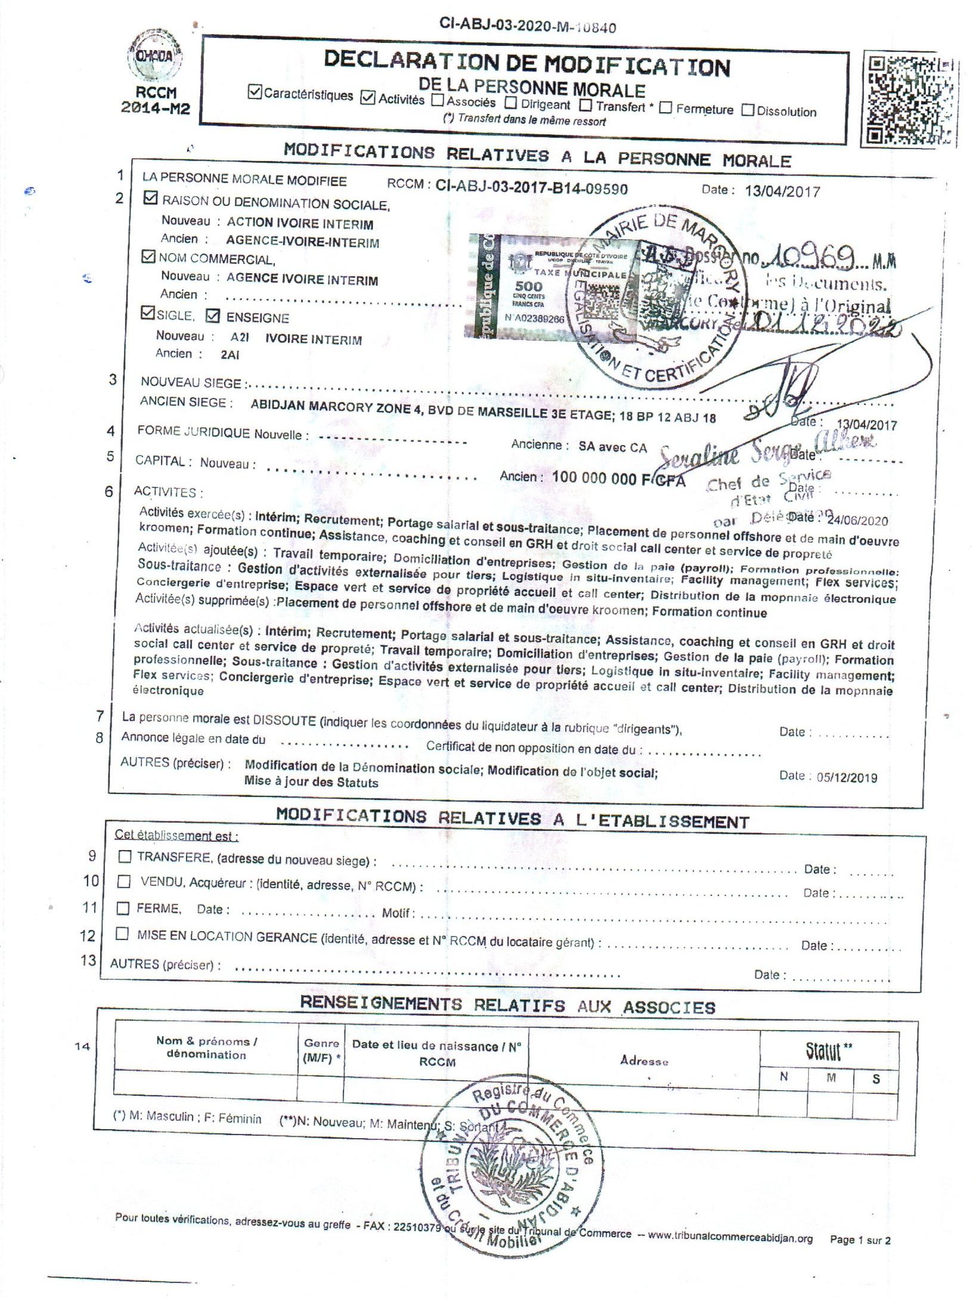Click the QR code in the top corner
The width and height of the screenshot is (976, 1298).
(909, 100)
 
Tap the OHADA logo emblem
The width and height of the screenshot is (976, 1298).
(155, 58)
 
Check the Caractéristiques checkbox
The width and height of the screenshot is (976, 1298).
(255, 92)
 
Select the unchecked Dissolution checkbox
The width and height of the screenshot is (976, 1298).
(748, 110)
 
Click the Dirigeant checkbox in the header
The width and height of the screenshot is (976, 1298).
(510, 103)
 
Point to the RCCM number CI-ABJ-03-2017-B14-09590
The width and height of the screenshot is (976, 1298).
(531, 188)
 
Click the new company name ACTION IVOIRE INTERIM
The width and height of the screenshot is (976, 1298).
(300, 224)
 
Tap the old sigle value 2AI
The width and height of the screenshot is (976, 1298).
(230, 355)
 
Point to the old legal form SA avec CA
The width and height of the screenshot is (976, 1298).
(612, 447)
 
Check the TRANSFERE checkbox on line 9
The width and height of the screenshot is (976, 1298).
(125, 857)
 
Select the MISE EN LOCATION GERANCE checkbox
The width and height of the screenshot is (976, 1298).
(122, 934)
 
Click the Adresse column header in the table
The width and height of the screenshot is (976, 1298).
(644, 1061)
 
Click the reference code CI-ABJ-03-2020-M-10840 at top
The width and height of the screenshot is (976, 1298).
(528, 26)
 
